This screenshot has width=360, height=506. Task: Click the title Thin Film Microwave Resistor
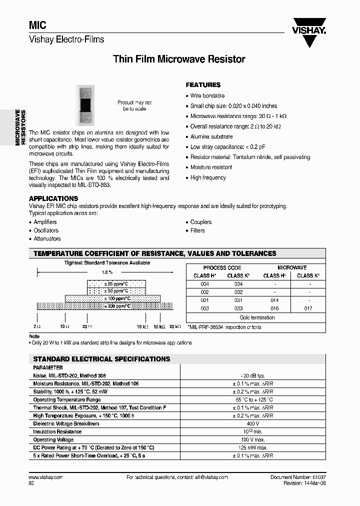179,59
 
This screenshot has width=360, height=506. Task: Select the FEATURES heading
203,85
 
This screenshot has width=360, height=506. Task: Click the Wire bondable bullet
207,95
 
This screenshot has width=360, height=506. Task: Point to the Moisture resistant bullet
211,167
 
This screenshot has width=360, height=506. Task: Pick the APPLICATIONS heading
53,198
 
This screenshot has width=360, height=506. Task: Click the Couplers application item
200,222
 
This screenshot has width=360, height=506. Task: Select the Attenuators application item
47,239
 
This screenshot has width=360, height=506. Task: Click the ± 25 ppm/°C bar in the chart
116,283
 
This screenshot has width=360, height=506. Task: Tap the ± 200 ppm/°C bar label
116,306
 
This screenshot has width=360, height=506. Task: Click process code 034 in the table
238,284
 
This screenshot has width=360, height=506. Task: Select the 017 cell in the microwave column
308,308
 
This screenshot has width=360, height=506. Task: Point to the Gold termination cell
257,317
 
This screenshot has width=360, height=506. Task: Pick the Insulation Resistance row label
57,431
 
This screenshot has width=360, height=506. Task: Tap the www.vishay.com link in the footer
46,477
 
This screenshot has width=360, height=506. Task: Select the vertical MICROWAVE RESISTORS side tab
19,127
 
